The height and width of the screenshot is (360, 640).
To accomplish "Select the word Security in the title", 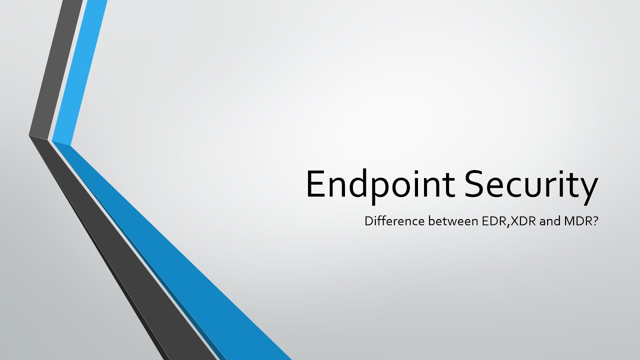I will [531, 184].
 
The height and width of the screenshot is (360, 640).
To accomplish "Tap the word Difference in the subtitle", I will [394, 220].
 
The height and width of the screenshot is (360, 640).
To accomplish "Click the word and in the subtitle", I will [549, 220].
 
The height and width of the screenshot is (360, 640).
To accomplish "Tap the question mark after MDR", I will [595, 220].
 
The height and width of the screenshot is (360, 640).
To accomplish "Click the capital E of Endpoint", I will [315, 184].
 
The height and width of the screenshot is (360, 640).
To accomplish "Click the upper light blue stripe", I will [80, 70].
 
